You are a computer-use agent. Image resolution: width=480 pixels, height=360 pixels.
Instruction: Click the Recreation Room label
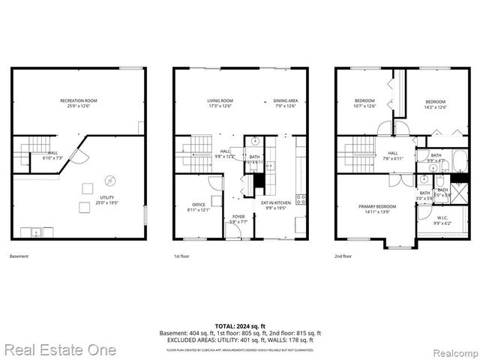79,103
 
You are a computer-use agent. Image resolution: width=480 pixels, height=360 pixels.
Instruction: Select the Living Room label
220,103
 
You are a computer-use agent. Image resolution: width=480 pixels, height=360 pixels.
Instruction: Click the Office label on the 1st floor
198,207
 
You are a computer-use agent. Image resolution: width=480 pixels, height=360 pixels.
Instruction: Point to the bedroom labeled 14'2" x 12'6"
436,104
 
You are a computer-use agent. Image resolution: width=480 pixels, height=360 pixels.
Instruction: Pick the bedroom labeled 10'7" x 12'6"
365,104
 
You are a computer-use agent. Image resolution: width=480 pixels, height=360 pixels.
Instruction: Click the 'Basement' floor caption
19,256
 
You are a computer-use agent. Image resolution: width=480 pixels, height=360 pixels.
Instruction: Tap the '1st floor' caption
183,256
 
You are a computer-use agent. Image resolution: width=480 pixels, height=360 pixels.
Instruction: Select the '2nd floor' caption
344,256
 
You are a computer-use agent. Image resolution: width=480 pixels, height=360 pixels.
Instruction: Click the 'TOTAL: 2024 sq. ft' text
240,326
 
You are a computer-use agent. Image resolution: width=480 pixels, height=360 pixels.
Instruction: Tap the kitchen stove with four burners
301,199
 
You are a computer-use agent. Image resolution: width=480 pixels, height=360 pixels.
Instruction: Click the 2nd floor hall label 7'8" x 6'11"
393,155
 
